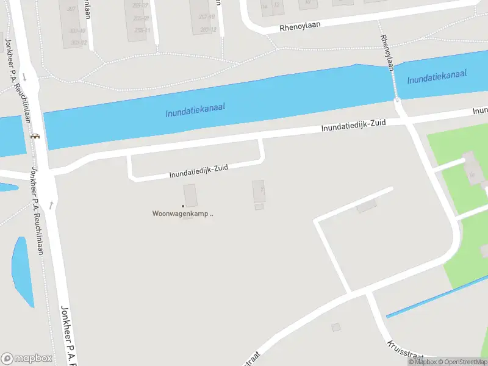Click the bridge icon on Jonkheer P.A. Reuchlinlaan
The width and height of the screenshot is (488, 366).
point(35,136)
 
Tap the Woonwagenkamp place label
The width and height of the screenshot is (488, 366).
point(182,213)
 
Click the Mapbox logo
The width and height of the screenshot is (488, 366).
point(27,359)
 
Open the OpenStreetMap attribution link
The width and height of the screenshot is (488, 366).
point(462,362)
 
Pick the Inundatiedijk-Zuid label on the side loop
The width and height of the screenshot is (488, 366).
point(198,171)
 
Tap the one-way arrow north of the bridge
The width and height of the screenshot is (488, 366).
point(25,77)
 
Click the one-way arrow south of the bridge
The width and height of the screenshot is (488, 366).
point(51,204)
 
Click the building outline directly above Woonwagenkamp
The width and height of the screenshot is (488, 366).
point(190,196)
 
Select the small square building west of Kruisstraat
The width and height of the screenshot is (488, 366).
point(335,328)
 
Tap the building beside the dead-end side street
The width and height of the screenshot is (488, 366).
point(367,207)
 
